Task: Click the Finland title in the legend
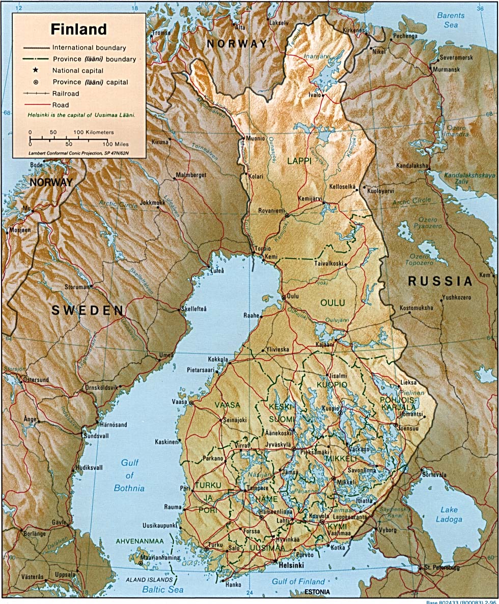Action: tap(78, 29)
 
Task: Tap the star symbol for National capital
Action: tap(36, 70)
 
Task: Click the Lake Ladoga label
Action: tap(449, 515)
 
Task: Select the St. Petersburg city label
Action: tap(441, 567)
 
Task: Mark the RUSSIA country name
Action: tap(440, 281)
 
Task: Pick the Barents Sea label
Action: tap(451, 20)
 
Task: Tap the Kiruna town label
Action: tap(159, 142)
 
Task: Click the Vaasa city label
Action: tap(180, 402)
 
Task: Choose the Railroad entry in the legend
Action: tap(65, 94)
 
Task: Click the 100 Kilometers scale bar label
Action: tap(93, 132)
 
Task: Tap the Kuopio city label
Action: tap(330, 408)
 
